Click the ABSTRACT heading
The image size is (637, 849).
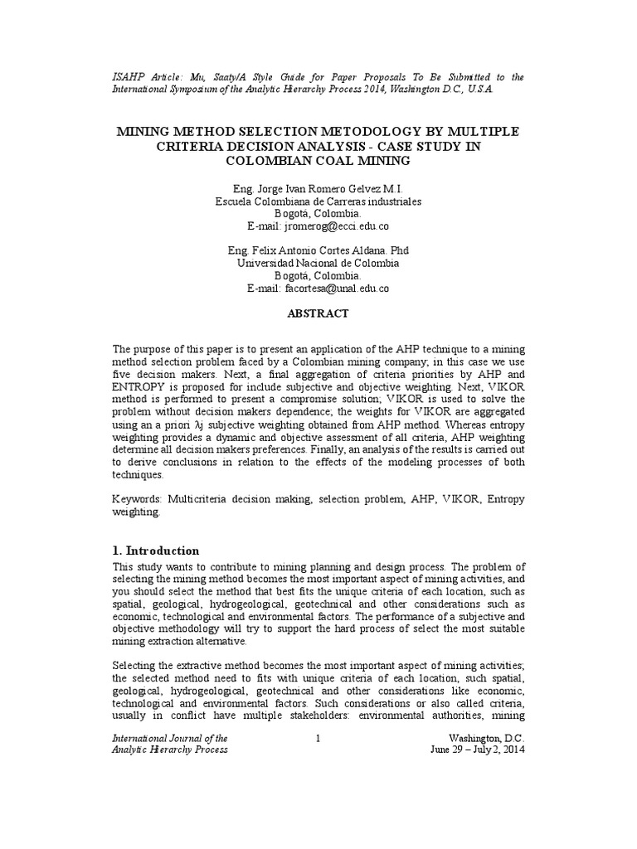pos(318,313)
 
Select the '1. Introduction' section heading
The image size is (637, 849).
pos(156,551)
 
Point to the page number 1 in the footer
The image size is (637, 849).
pos(318,738)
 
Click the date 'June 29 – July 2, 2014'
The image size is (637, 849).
pos(477,750)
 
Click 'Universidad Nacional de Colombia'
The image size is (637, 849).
pos(318,263)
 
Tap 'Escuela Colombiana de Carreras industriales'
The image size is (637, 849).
pos(318,201)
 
